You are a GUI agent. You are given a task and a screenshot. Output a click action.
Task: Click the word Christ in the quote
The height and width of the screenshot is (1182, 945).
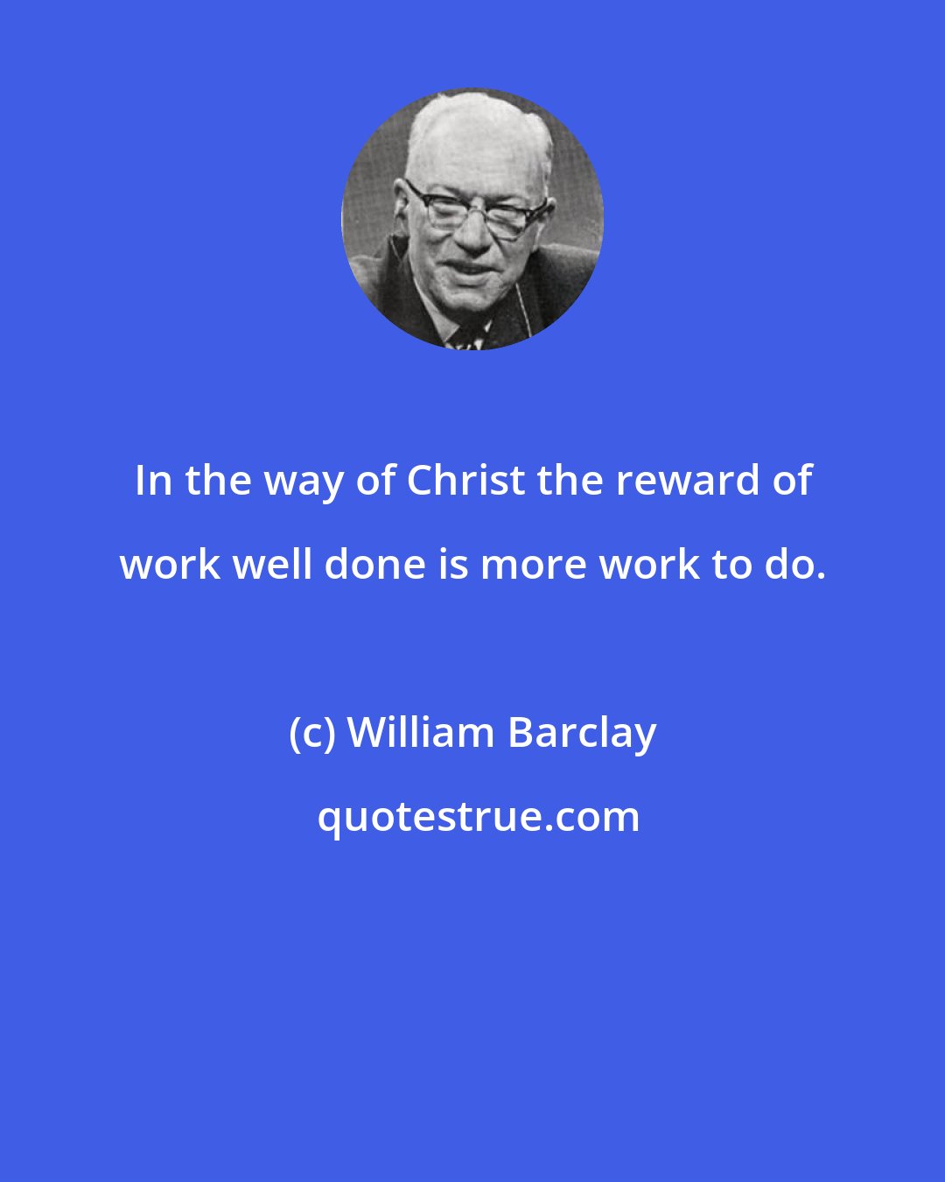(463, 481)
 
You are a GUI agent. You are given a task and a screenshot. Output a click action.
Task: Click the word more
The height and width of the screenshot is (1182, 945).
(534, 565)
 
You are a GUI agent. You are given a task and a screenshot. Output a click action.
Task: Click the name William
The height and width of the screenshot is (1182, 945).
(420, 733)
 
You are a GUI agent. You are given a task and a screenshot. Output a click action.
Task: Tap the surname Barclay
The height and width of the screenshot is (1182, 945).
(582, 733)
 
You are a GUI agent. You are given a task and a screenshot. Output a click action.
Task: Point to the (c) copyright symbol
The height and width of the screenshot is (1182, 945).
(311, 734)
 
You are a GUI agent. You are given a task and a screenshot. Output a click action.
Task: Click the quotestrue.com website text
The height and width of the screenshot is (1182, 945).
(478, 817)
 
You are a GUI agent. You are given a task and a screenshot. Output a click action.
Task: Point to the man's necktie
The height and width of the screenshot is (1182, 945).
(466, 338)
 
